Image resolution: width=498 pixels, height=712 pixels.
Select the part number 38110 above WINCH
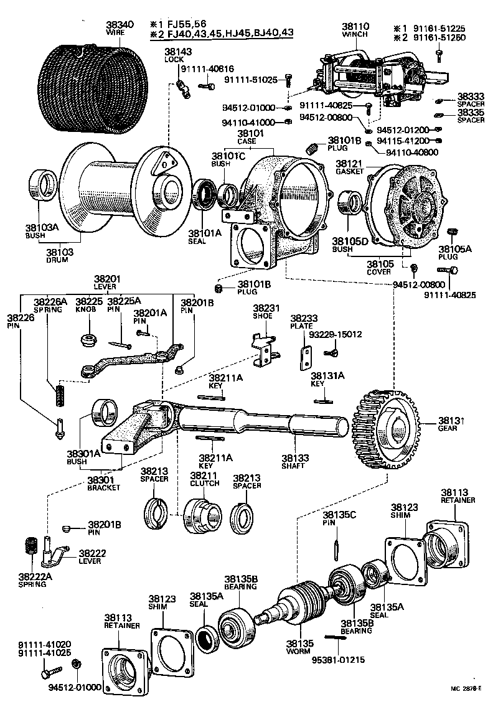(355, 27)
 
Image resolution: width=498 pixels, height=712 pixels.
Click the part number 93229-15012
(336, 334)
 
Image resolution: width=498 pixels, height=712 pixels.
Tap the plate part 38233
(306, 357)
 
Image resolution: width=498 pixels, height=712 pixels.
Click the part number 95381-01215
(336, 651)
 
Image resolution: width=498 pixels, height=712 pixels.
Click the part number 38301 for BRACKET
(100, 480)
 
